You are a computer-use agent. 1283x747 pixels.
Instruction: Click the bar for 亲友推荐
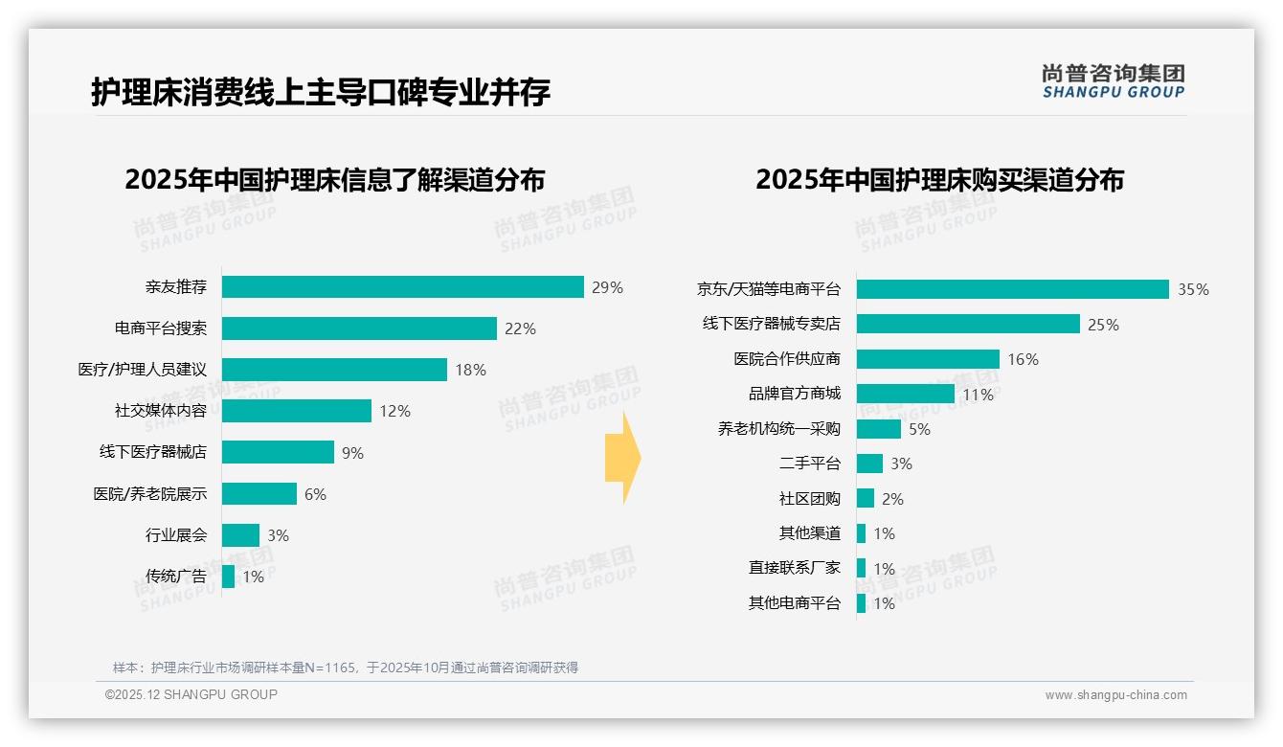click(402, 287)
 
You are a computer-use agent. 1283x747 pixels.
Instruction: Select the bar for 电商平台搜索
click(359, 328)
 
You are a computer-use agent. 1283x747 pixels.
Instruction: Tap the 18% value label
click(470, 370)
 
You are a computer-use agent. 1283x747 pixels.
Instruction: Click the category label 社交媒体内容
click(161, 411)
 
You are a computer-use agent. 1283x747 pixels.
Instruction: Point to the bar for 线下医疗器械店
click(278, 452)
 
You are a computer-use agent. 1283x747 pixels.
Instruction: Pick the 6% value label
click(315, 494)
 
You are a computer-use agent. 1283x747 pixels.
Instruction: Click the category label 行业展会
click(176, 535)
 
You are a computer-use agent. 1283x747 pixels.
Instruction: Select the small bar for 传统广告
click(228, 577)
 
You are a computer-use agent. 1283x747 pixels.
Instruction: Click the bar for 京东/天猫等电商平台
click(1012, 289)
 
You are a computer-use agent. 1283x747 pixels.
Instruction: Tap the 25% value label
click(1103, 325)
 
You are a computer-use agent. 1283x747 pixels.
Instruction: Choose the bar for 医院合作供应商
click(928, 359)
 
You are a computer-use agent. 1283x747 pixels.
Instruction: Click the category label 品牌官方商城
click(794, 394)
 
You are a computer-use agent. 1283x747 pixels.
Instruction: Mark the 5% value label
click(919, 429)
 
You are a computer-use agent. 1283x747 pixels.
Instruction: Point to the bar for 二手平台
click(869, 464)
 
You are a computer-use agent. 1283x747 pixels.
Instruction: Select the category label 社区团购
click(809, 499)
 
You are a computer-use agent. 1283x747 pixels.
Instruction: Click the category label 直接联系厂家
click(794, 568)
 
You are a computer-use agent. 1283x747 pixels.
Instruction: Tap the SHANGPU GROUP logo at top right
click(1113, 81)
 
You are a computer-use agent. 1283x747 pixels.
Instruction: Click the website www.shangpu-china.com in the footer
click(1115, 695)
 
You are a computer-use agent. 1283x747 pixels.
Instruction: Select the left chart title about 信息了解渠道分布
click(334, 180)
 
